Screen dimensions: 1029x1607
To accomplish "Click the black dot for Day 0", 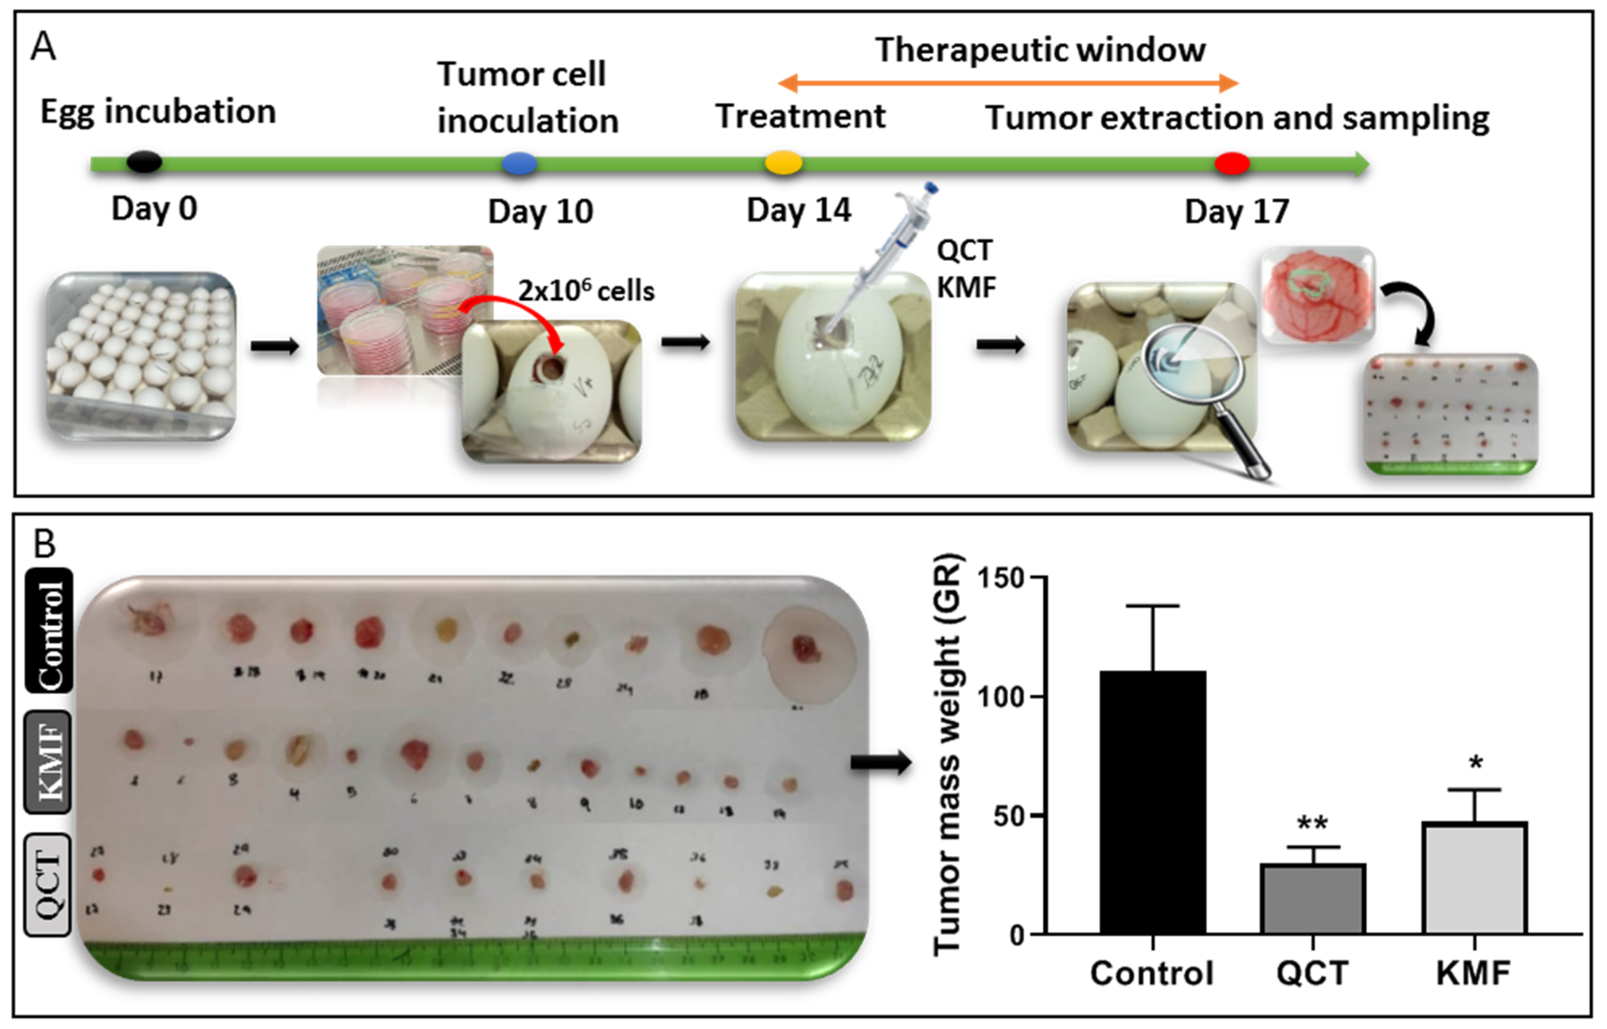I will pos(144,162).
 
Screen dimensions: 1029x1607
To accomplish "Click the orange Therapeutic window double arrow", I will pos(1008,83).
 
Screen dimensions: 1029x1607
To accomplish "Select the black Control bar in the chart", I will pos(1153,802).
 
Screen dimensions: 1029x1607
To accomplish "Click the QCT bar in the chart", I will pos(1312,899).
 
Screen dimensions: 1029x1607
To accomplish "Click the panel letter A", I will pos(43,47).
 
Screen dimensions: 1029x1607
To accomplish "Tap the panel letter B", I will pos(45,543).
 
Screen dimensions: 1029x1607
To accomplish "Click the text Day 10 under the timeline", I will pos(540,212).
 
